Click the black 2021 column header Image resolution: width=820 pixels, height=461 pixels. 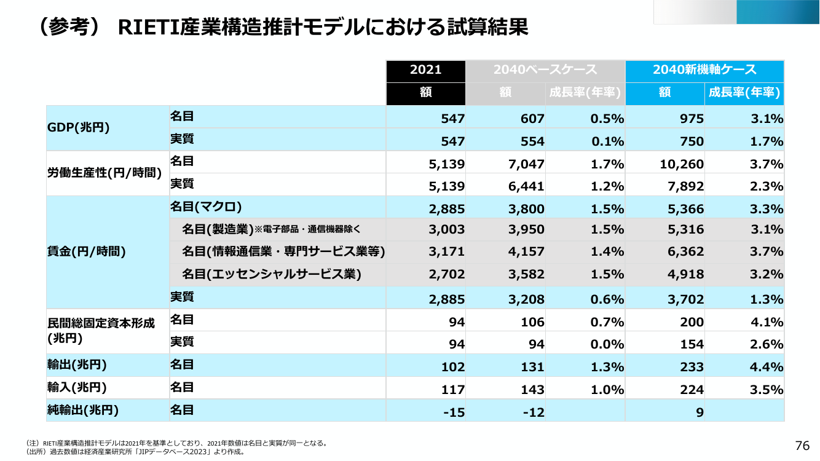(x=426, y=71)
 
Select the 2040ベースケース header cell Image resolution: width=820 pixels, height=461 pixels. (x=545, y=71)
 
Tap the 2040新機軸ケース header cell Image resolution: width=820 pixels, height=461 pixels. (x=704, y=71)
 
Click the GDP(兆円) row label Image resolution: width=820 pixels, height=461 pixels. (x=78, y=127)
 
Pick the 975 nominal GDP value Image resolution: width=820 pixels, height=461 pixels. (x=692, y=119)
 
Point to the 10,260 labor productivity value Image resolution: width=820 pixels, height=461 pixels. (x=682, y=164)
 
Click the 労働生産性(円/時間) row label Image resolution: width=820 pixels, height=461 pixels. (x=104, y=173)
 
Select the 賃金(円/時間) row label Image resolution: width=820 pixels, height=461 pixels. (x=87, y=251)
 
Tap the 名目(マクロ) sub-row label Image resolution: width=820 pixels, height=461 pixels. (x=206, y=207)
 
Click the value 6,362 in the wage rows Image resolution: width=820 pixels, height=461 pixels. (x=685, y=251)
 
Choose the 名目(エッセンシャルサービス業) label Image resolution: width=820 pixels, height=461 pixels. (x=272, y=274)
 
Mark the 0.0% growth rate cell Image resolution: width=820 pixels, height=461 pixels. (x=607, y=344)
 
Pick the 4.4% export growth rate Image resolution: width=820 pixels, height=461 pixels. (x=766, y=367)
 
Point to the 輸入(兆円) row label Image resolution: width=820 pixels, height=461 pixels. (x=77, y=387)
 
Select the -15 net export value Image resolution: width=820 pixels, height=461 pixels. (x=454, y=412)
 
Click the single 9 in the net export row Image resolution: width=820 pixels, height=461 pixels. (x=700, y=412)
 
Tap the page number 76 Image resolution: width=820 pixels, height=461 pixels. (x=802, y=446)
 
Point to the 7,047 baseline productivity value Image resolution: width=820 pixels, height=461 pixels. (x=526, y=164)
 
